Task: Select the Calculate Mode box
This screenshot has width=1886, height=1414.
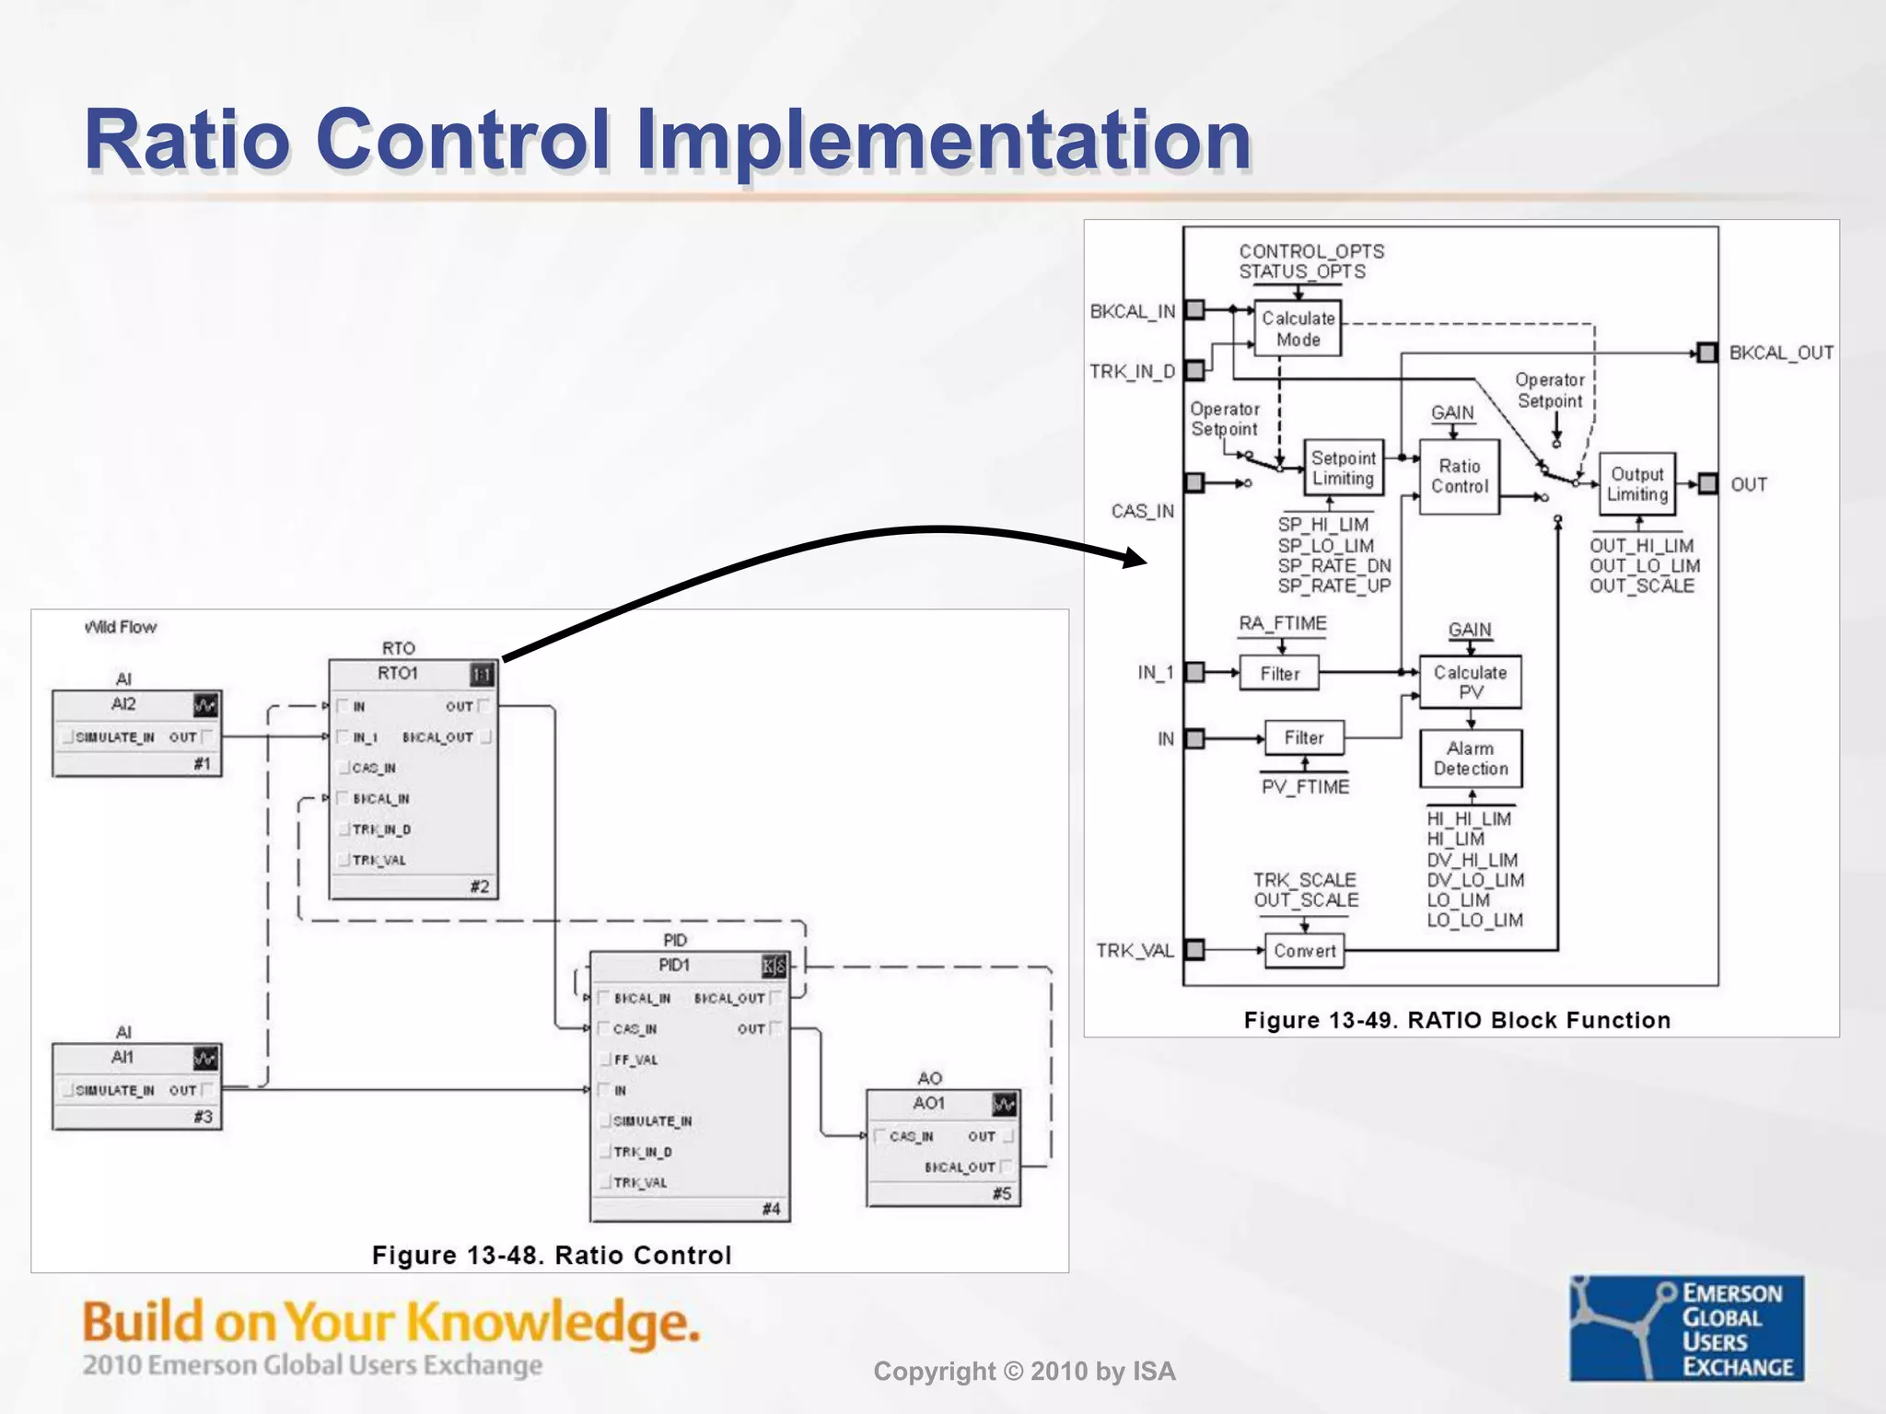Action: [1298, 329]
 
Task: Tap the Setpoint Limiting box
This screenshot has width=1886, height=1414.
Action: [1343, 468]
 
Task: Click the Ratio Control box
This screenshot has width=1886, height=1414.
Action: [1459, 476]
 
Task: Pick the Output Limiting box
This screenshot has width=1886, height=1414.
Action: [1636, 484]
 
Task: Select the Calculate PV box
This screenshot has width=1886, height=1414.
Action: [1470, 681]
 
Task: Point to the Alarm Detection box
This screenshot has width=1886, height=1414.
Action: [1470, 759]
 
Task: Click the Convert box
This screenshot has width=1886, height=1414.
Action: [1304, 951]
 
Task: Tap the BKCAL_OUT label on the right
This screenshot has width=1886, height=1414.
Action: [1780, 353]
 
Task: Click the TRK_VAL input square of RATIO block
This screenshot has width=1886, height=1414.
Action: [1194, 950]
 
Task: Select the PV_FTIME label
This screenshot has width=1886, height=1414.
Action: [1305, 787]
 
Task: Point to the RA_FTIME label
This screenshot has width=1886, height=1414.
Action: [1282, 623]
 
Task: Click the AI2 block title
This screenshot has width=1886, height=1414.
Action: [123, 704]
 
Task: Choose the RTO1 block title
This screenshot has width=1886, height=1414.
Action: [397, 674]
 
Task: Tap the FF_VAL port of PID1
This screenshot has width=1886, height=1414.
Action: [635, 1060]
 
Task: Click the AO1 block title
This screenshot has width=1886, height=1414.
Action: [928, 1103]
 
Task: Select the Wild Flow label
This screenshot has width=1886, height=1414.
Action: [121, 627]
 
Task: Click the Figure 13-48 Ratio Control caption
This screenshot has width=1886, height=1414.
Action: [551, 1255]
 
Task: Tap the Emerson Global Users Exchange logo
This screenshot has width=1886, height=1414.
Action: [1686, 1328]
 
